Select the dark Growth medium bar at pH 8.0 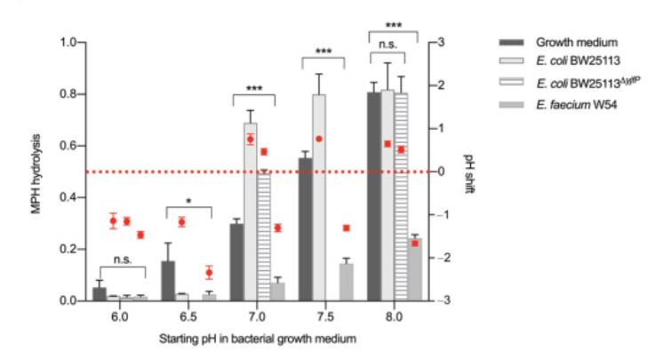[x=373, y=196]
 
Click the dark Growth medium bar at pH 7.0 [x=236, y=262]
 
